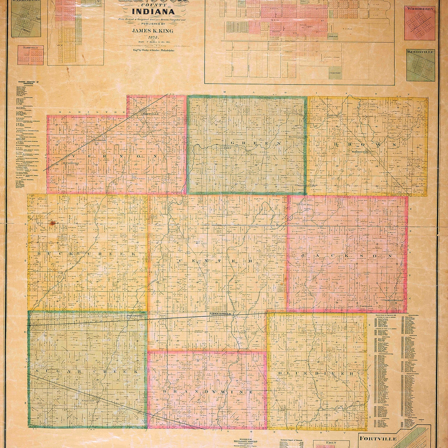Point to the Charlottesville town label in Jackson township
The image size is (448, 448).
click(x=392, y=300)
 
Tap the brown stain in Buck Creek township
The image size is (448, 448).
click(x=52, y=223)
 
